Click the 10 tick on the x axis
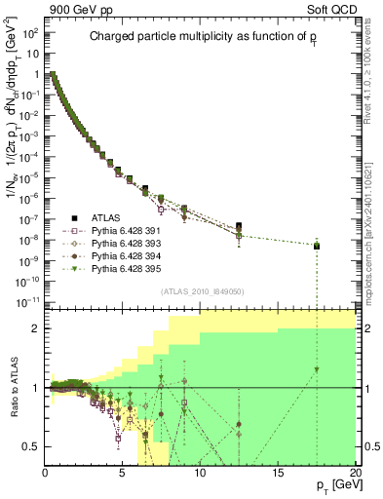201,473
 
